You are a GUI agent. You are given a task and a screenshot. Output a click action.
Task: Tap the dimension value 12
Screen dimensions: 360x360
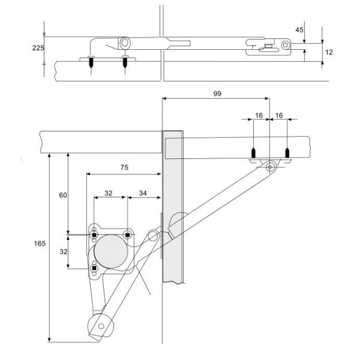coord(328,53)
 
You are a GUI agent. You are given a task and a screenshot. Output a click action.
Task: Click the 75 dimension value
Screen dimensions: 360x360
coord(124,169)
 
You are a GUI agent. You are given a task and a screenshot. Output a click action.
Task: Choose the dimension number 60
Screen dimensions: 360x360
coord(62,195)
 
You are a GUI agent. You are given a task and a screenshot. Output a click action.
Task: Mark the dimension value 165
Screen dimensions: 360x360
coord(40,244)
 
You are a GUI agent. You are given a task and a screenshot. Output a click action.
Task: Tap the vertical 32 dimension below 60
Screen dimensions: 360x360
coord(62,252)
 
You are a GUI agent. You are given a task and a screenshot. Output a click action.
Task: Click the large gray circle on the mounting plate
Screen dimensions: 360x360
coord(110,251)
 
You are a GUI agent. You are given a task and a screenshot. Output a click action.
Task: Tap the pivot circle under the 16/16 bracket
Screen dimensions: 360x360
coord(271,167)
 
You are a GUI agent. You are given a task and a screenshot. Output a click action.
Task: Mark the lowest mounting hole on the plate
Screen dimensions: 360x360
coord(94,267)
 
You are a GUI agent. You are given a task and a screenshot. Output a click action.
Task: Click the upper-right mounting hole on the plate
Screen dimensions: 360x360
coord(127,234)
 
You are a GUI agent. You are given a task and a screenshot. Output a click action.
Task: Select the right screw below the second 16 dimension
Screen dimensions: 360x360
coord(287,154)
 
